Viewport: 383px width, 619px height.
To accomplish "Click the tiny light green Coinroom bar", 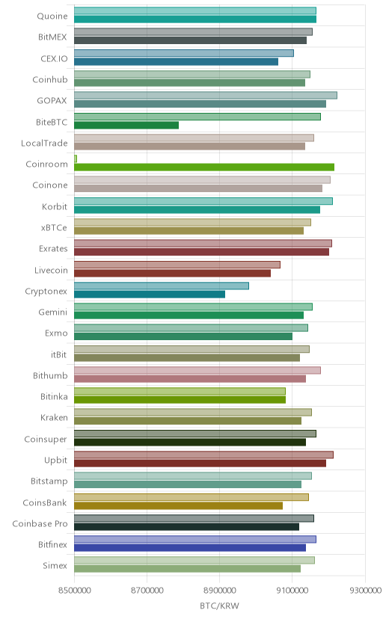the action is (76, 158).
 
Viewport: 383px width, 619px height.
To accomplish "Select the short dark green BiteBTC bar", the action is (126, 125).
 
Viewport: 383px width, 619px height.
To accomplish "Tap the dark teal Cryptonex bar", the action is (150, 294).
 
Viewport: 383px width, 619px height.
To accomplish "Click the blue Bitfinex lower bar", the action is (190, 547).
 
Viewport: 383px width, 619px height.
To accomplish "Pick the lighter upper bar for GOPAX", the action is (206, 95).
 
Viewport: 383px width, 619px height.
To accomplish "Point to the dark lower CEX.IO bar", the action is (176, 61).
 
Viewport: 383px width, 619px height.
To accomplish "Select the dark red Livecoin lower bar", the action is (173, 273).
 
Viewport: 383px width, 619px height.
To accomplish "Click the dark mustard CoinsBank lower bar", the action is (179, 505).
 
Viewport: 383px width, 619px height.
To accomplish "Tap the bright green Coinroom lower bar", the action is (204, 167).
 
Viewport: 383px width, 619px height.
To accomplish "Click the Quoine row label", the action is (52, 16).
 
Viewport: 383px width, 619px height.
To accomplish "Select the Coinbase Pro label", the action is (40, 523).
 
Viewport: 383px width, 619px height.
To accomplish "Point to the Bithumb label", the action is (50, 375).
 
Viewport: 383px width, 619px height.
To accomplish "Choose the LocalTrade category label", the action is (44, 143).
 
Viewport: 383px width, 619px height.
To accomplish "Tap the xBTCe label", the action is (54, 228).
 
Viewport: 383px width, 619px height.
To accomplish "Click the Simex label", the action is (55, 566).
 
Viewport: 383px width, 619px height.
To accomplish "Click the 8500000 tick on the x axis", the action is (74, 590).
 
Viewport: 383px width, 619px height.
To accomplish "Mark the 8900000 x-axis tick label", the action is (219, 590).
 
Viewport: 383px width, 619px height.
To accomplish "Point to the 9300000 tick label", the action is (365, 590).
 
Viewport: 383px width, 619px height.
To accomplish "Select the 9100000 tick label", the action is (292, 590).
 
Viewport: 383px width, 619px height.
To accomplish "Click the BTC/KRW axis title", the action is (219, 606).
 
